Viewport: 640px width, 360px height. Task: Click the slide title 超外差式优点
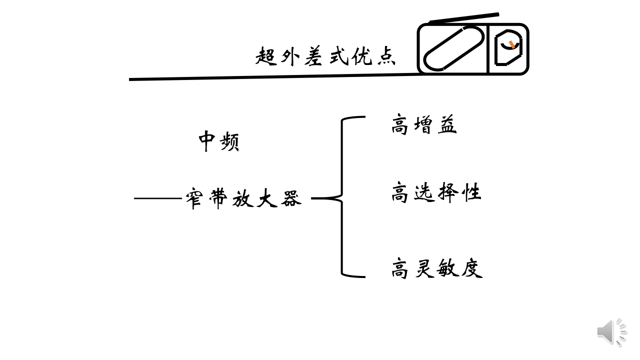tap(325, 56)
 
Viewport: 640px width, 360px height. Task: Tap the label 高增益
tap(424, 125)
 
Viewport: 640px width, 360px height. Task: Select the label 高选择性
tap(435, 192)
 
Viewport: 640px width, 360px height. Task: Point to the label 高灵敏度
tap(436, 268)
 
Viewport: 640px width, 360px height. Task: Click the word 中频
tap(219, 141)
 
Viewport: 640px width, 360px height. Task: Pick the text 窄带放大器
tap(243, 198)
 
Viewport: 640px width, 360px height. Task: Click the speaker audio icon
tap(611, 331)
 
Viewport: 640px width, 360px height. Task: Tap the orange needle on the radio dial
tap(511, 45)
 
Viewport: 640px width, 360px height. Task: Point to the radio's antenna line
tap(464, 18)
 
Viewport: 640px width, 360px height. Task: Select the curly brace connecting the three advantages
tap(343, 198)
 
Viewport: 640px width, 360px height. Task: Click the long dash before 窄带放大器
tap(157, 198)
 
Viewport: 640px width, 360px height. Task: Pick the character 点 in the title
tap(385, 56)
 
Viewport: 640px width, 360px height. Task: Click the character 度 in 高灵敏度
tap(471, 268)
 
